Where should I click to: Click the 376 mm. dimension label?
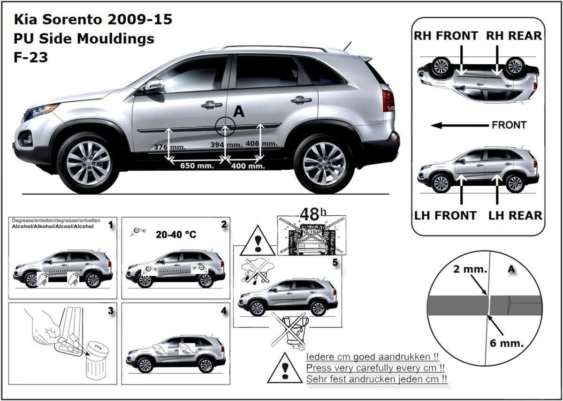(x=170, y=147)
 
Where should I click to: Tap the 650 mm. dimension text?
(x=197, y=166)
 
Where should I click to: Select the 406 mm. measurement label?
(x=262, y=144)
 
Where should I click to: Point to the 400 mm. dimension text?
(x=248, y=166)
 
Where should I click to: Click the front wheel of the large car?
(x=88, y=163)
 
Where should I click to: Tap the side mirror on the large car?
(x=153, y=86)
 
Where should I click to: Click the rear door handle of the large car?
(x=301, y=100)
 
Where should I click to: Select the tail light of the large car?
(x=388, y=100)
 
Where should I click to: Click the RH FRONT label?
(x=446, y=36)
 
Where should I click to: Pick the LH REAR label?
(x=515, y=216)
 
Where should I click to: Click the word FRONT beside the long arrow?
(x=509, y=125)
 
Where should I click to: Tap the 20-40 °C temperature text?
(x=176, y=235)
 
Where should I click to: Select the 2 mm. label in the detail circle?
(x=470, y=269)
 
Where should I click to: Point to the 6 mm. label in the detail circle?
(x=506, y=343)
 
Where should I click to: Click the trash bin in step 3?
(x=97, y=362)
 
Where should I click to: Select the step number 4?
(x=224, y=311)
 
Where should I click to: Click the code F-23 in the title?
(x=30, y=57)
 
